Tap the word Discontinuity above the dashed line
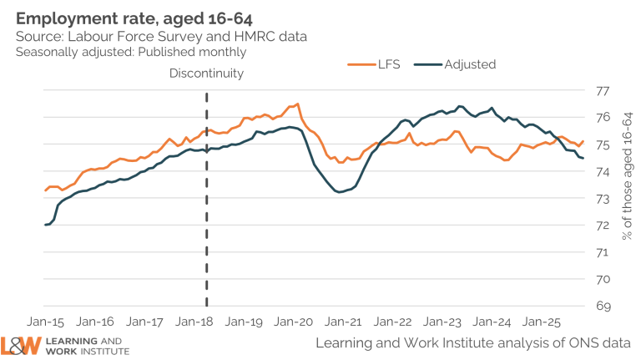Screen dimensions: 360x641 coord(206,74)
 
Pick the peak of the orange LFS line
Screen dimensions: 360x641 coord(298,104)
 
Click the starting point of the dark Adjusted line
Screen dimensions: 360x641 coord(45,225)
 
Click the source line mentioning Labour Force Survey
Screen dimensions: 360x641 coord(159,36)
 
